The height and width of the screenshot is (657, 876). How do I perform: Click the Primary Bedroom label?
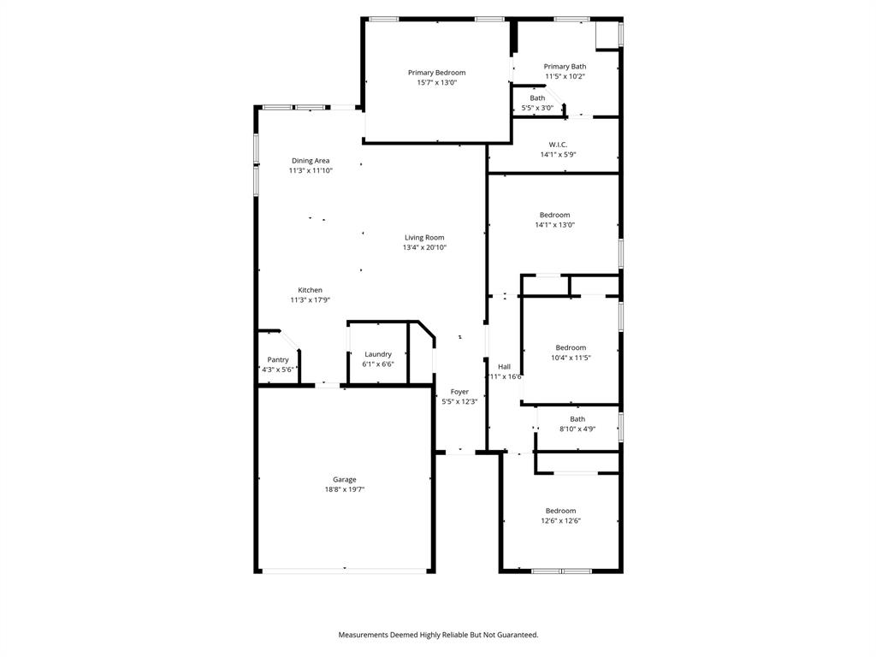click(x=436, y=73)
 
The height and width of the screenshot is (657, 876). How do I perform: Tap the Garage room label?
click(x=345, y=480)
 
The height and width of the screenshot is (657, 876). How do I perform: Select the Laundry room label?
click(x=378, y=354)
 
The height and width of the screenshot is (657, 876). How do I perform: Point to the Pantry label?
click(x=278, y=360)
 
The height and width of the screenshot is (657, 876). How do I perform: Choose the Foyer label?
click(x=459, y=392)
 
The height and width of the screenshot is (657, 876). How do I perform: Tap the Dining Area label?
click(x=310, y=161)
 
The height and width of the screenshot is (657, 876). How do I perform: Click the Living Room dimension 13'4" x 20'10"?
click(x=424, y=248)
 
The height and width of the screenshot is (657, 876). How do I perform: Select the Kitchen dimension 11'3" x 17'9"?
click(x=310, y=300)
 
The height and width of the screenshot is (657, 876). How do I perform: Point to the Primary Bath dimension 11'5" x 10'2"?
click(x=565, y=77)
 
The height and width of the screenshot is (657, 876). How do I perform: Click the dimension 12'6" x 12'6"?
click(x=560, y=521)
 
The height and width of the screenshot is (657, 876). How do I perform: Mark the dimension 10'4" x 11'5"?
click(x=571, y=358)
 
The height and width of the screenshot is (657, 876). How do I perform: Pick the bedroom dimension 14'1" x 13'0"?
click(x=554, y=225)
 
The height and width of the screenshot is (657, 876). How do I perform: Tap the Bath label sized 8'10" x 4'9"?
click(x=577, y=419)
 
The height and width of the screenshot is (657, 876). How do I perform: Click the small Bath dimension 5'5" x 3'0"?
click(x=537, y=108)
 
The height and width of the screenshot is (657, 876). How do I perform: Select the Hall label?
click(x=504, y=366)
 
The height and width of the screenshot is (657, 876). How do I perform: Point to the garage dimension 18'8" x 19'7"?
click(x=345, y=490)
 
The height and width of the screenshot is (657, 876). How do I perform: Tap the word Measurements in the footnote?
click(x=363, y=635)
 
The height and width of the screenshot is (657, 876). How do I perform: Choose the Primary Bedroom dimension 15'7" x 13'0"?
click(x=436, y=83)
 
